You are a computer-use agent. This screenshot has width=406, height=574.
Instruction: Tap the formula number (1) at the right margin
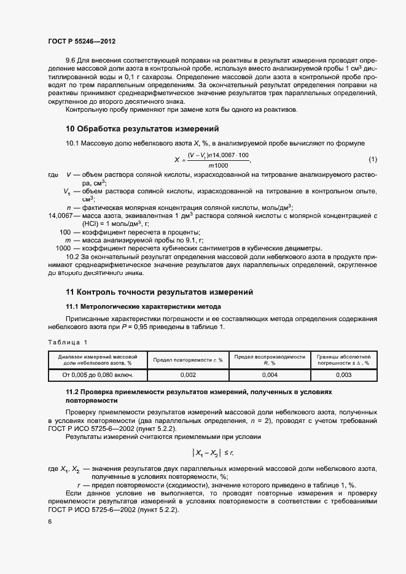tap(373, 160)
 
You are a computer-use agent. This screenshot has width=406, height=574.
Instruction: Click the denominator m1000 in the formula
tap(217, 166)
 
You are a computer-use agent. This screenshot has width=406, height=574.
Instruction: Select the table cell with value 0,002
tap(188, 374)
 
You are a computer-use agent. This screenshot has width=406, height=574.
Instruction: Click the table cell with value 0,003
tap(344, 374)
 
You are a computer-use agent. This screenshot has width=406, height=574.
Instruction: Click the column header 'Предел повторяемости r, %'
tap(188, 360)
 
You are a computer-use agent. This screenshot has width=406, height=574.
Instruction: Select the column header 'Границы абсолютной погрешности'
tap(344, 360)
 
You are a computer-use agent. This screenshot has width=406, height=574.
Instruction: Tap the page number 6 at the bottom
tap(49, 521)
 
